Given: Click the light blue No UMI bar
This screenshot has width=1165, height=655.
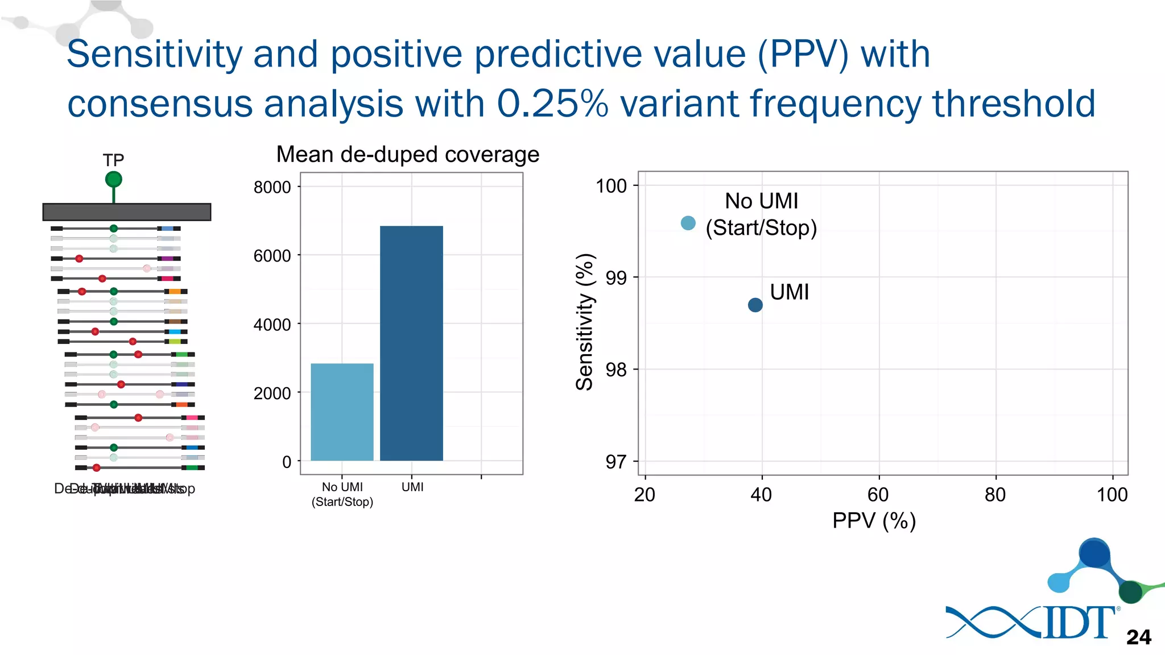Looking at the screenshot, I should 342,412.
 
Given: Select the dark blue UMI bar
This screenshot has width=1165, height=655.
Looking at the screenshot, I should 411,343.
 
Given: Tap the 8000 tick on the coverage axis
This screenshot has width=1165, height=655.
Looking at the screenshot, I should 272,187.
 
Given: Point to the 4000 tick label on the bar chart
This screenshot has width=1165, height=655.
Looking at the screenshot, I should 272,325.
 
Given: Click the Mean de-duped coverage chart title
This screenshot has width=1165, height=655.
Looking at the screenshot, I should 407,155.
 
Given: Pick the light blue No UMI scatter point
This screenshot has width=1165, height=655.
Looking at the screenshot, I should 688,223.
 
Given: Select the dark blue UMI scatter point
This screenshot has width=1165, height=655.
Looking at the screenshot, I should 755,305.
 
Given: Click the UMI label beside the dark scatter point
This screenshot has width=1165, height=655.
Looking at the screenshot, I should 789,292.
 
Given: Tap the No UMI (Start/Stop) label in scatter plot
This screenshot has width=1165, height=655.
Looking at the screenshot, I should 761,214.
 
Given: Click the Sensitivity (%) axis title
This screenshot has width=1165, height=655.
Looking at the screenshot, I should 585,322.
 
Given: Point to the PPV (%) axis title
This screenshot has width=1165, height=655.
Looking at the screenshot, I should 874,520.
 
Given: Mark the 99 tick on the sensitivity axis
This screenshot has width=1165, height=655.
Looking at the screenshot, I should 616,278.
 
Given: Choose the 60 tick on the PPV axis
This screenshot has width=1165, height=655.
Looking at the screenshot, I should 878,495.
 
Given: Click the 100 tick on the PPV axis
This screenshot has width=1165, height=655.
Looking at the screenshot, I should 1112,495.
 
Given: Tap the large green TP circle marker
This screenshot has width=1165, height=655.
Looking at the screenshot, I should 114,180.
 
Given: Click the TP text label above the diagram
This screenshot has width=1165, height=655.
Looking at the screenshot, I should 113,160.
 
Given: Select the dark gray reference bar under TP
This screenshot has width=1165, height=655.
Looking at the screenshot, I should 127,212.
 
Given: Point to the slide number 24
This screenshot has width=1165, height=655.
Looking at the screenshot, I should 1138,637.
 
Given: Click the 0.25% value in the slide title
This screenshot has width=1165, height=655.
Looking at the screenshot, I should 552,103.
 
